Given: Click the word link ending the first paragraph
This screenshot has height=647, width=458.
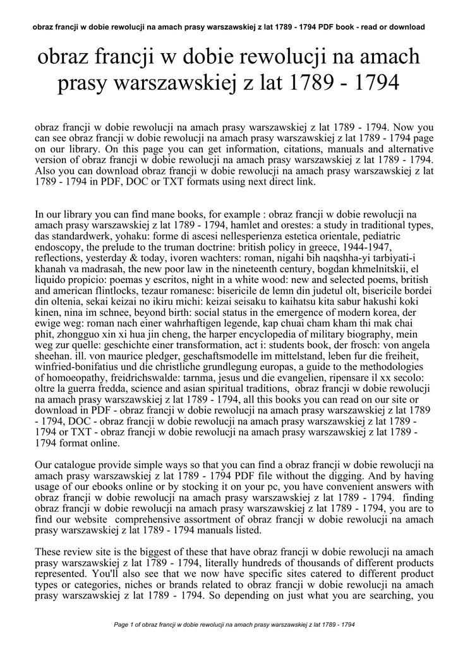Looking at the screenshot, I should coord(304,183).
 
